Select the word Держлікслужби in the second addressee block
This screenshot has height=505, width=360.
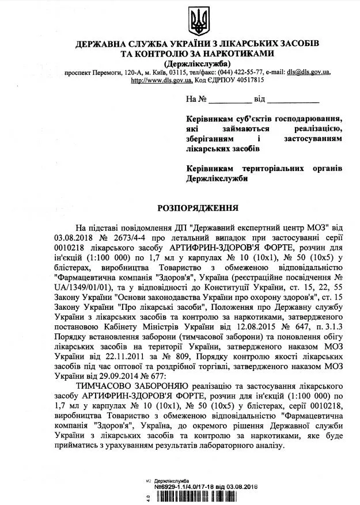point(217,179)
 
